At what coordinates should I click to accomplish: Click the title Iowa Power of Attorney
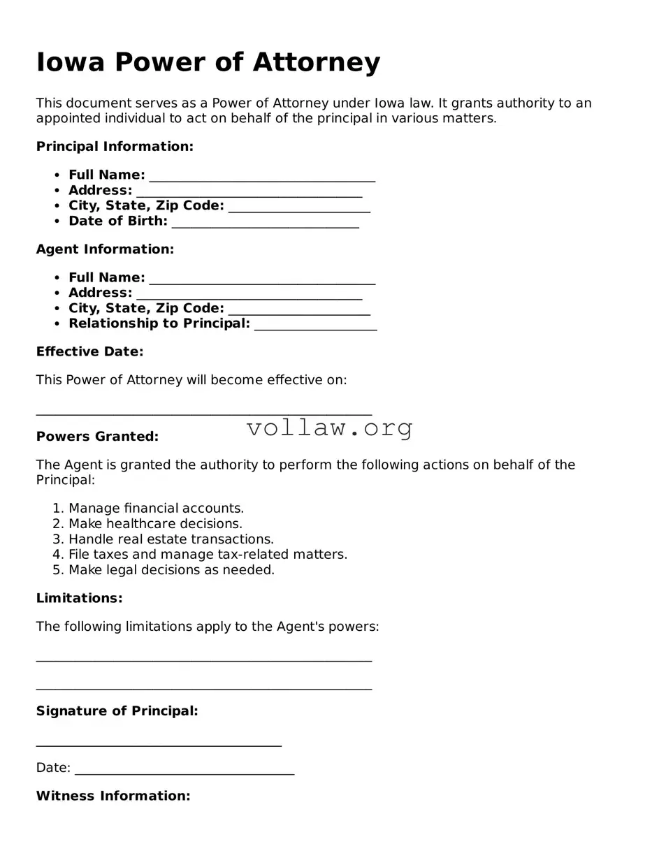tap(208, 62)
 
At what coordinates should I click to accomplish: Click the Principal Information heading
tap(115, 146)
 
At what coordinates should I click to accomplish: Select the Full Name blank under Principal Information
tap(262, 177)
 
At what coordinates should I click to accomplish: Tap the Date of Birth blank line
tap(265, 223)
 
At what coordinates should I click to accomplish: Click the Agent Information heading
tap(105, 249)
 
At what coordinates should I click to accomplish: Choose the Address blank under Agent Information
tap(249, 295)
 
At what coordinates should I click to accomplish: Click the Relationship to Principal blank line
tap(315, 326)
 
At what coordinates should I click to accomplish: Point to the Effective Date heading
tap(89, 351)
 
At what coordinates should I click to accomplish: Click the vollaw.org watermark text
tap(329, 427)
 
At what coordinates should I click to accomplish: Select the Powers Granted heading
tap(97, 437)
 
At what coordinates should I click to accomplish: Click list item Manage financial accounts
tap(156, 509)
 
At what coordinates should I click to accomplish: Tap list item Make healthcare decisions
tap(155, 524)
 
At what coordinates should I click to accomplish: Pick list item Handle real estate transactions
tap(171, 539)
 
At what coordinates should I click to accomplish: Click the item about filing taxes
tap(208, 555)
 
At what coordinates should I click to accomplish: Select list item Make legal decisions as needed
tap(171, 570)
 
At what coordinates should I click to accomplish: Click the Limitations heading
tap(79, 598)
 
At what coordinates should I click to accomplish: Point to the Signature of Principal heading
tap(117, 711)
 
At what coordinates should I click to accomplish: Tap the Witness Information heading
tap(113, 796)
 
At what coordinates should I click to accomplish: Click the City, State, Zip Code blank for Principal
tap(299, 207)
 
